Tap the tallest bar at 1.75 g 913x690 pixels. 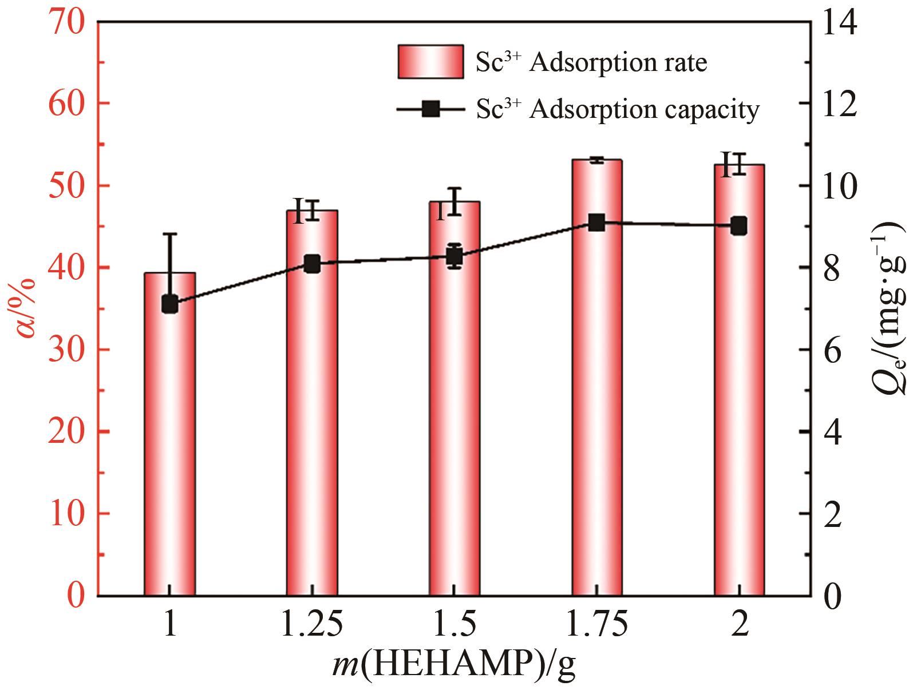click(597, 400)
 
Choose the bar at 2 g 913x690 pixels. click(739, 400)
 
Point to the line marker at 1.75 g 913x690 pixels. click(597, 223)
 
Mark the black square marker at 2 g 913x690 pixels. click(739, 225)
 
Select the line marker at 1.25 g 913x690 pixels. click(312, 264)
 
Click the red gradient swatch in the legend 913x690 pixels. click(430, 62)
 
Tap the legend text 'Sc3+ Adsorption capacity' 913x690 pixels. click(618, 109)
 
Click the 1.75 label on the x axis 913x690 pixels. click(597, 625)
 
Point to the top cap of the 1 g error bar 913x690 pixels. click(170, 234)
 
